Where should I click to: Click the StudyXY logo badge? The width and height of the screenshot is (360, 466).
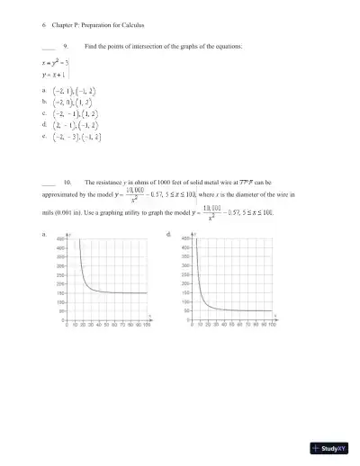click(330, 448)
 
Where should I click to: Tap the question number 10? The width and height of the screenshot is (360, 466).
click(67, 183)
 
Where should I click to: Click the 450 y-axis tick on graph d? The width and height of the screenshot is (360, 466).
click(185, 239)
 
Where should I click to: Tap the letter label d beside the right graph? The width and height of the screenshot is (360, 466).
click(170, 233)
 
